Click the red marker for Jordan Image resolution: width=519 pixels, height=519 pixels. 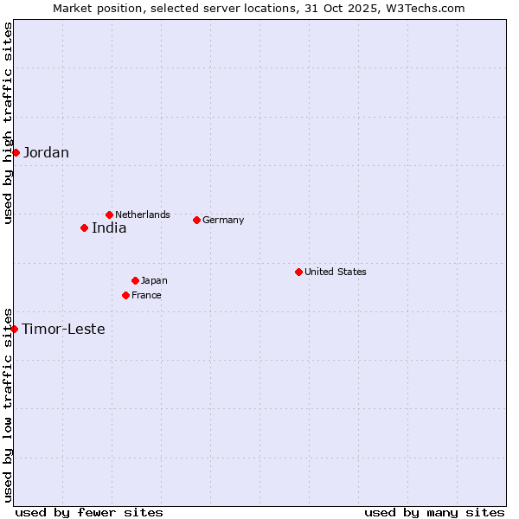pos(16,152)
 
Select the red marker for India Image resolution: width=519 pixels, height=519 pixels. pos(84,227)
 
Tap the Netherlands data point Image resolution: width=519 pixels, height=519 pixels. pos(109,215)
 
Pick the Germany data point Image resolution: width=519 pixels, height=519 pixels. pos(196,220)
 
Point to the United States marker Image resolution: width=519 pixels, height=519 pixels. pos(298,272)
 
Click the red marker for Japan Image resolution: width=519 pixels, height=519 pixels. pos(135,280)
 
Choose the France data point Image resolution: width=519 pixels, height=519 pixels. pos(125,295)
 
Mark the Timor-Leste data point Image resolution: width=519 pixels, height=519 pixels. pos(14,329)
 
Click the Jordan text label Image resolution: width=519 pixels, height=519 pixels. pos(46,153)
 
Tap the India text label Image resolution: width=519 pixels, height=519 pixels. pos(109,228)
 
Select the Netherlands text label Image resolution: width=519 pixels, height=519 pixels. pos(143,215)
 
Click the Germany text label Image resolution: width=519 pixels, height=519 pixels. pos(223,220)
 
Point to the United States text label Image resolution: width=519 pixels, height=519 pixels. pos(336,272)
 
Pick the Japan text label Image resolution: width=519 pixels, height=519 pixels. pos(154,280)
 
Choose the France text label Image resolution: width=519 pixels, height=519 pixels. pos(146,295)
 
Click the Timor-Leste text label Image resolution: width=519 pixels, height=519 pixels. pos(63,330)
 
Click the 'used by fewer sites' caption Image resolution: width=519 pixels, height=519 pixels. pos(89,512)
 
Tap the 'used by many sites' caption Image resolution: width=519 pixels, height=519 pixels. pos(434,512)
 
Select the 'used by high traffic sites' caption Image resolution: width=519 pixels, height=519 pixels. pos(8,123)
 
